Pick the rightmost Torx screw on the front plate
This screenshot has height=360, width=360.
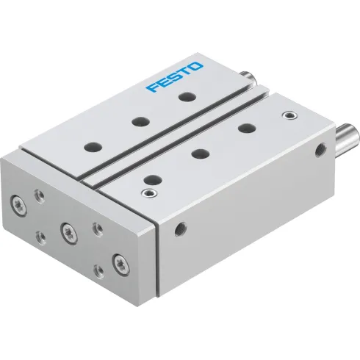[x=117, y=262]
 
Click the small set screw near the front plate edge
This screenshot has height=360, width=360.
[x=151, y=193]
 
